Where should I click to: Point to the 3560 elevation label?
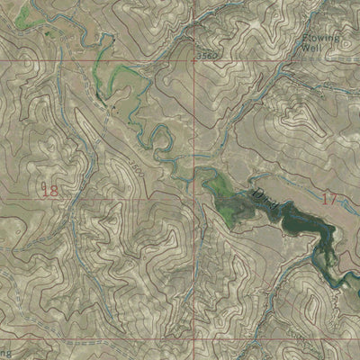click(x=207, y=56)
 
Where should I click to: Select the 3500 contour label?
click(x=134, y=168)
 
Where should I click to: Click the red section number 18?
click(x=49, y=190)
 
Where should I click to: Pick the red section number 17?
click(x=328, y=198)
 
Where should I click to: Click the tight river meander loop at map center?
click(x=163, y=140)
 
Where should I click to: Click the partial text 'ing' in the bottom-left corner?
click(x=5, y=352)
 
